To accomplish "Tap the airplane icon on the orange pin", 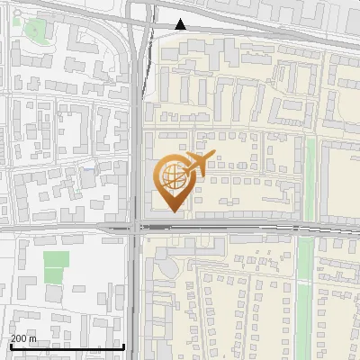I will pos(198,165).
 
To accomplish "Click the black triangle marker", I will pos(181,24).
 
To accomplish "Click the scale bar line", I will pos(67,347).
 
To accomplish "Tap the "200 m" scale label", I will pos(24,338).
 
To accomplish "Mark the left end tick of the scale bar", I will pos(10,346).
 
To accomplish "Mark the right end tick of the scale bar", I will pos(123,346).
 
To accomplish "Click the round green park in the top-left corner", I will pos(35,30).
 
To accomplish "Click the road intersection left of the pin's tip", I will pos(135,228).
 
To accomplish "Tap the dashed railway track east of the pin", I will pos(270,227).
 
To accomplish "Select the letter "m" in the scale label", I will pos(34,338).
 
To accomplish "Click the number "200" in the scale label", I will pos(20,338).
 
